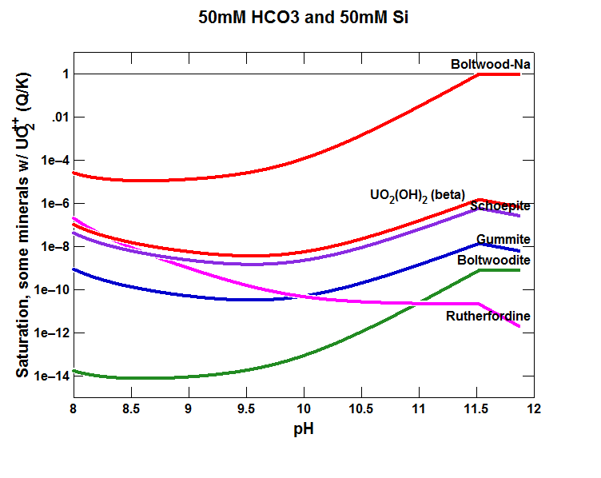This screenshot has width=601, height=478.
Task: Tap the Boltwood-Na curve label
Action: [489, 64]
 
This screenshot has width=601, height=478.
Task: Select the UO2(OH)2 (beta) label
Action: [417, 195]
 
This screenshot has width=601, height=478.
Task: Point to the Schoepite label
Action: [500, 206]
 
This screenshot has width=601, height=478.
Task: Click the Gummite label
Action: [503, 240]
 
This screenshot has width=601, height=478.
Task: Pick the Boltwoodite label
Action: [494, 260]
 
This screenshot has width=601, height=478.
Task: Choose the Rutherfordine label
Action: [488, 317]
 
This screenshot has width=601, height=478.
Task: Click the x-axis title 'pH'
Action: [303, 429]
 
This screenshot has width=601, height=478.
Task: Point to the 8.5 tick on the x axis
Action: [131, 410]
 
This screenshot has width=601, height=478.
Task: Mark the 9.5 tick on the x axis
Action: [245, 410]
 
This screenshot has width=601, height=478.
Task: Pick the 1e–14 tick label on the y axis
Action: [46, 376]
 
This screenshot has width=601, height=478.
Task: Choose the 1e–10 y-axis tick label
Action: [46, 289]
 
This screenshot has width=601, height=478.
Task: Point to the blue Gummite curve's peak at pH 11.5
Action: [478, 243]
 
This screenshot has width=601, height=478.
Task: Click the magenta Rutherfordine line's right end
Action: [519, 326]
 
